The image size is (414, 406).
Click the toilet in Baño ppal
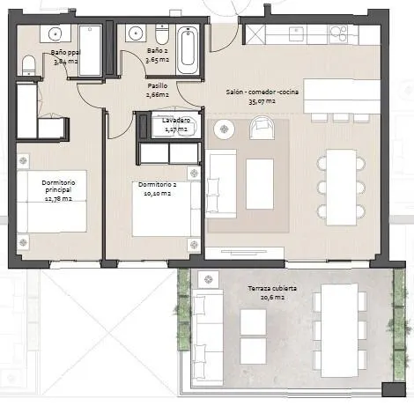click(29, 65)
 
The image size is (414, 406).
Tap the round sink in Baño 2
click(137, 33)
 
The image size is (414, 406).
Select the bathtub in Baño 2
click(188, 49)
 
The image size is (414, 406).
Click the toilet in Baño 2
click(162, 34)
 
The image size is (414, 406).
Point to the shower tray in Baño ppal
click(90, 50)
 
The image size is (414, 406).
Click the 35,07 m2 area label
click(262, 101)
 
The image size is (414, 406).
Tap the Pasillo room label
click(158, 86)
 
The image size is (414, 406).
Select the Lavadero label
click(176, 121)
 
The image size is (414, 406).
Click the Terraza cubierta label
click(272, 288)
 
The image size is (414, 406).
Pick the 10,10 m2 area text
click(158, 194)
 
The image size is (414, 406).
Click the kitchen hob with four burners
click(338, 33)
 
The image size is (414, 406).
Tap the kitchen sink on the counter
click(297, 33)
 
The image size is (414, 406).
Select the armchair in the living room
click(262, 128)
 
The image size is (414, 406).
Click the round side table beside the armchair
click(224, 129)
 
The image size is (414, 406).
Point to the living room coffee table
click(260, 184)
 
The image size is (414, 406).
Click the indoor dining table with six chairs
click(341, 188)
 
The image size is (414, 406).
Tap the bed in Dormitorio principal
click(52, 202)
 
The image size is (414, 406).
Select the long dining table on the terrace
click(339, 330)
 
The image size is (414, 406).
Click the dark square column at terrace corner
click(394, 390)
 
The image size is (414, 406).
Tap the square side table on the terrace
click(209, 279)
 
